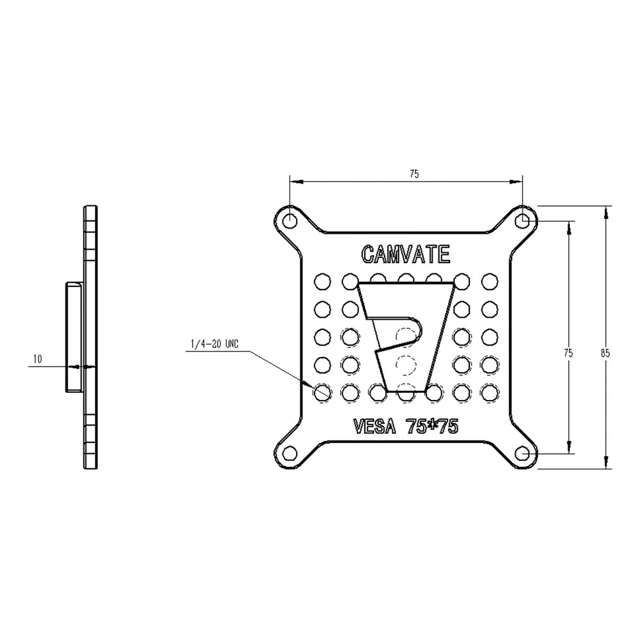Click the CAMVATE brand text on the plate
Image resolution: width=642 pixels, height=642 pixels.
[405, 254]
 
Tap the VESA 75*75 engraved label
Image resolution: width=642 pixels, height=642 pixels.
[405, 427]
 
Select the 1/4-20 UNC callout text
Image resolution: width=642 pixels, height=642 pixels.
[214, 345]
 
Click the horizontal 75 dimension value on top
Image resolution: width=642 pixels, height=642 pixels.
[414, 173]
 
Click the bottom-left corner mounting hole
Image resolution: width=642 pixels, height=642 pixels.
[290, 453]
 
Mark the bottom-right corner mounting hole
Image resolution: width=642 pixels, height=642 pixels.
[524, 453]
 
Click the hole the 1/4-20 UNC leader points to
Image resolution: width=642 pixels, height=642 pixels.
[322, 391]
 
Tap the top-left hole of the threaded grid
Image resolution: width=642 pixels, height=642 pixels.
[322, 281]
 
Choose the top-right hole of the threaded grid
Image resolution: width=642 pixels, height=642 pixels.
[489, 281]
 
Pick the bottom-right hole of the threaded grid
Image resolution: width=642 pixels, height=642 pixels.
[489, 391]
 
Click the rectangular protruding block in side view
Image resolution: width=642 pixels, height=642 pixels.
[72, 337]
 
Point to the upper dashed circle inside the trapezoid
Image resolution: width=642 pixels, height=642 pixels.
[404, 336]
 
